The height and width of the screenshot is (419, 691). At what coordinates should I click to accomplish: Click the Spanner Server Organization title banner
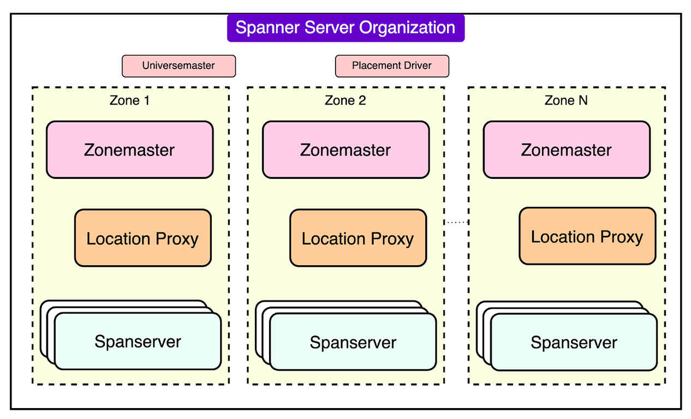coord(345,28)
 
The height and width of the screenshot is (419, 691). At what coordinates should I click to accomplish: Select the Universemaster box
coord(178,66)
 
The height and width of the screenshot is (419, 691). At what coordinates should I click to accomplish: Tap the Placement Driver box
coord(392,66)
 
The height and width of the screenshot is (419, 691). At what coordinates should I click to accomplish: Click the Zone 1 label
coord(129,100)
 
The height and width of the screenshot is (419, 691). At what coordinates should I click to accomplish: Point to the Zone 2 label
coord(345,100)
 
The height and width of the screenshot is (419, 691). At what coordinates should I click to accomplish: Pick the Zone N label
coord(566,100)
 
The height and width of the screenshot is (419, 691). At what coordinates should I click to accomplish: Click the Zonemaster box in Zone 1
coord(129,150)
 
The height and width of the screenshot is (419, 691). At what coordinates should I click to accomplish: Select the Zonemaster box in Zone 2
coord(345,150)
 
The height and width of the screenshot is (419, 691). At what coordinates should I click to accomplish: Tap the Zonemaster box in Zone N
coord(567,150)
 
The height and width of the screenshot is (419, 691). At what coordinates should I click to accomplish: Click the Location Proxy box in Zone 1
coord(142,238)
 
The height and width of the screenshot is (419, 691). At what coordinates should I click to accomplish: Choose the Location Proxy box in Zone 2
coord(358,238)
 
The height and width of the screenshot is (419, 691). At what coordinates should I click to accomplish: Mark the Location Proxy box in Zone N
coord(587,236)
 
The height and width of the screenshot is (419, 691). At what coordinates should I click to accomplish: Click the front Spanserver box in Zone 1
coord(138,342)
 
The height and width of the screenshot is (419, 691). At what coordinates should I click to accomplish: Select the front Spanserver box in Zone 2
coord(353,343)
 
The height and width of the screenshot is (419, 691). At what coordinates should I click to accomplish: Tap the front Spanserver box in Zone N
coord(574,343)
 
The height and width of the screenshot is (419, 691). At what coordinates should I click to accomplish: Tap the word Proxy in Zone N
coord(621,236)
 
